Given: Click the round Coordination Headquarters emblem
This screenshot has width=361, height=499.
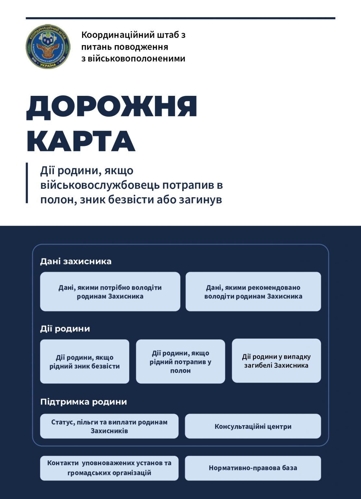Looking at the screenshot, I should click(48, 46).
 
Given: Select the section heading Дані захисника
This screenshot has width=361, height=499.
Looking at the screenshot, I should click(76, 261).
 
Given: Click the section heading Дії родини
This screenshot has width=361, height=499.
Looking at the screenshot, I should click(65, 328).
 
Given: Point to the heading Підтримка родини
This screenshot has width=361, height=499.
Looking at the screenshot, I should click(83, 402).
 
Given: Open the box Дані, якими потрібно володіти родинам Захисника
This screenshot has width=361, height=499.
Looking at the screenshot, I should click(110, 292).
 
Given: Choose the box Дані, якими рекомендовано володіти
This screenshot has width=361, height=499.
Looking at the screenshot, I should click(253, 292).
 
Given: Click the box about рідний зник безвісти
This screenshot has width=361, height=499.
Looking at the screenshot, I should click(84, 362).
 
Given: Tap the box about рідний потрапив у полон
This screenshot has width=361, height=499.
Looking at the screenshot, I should click(180, 362).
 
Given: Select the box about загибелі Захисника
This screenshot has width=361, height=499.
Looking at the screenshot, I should click(276, 361).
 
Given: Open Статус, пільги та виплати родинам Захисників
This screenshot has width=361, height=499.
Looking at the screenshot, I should click(109, 426).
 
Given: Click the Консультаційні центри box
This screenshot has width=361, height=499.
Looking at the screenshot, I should click(253, 426).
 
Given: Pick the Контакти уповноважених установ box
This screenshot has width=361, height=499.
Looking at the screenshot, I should click(109, 468).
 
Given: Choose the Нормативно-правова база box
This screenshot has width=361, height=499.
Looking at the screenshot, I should click(253, 468).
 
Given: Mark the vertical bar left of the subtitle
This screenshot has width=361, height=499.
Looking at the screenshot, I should click(27, 183).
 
